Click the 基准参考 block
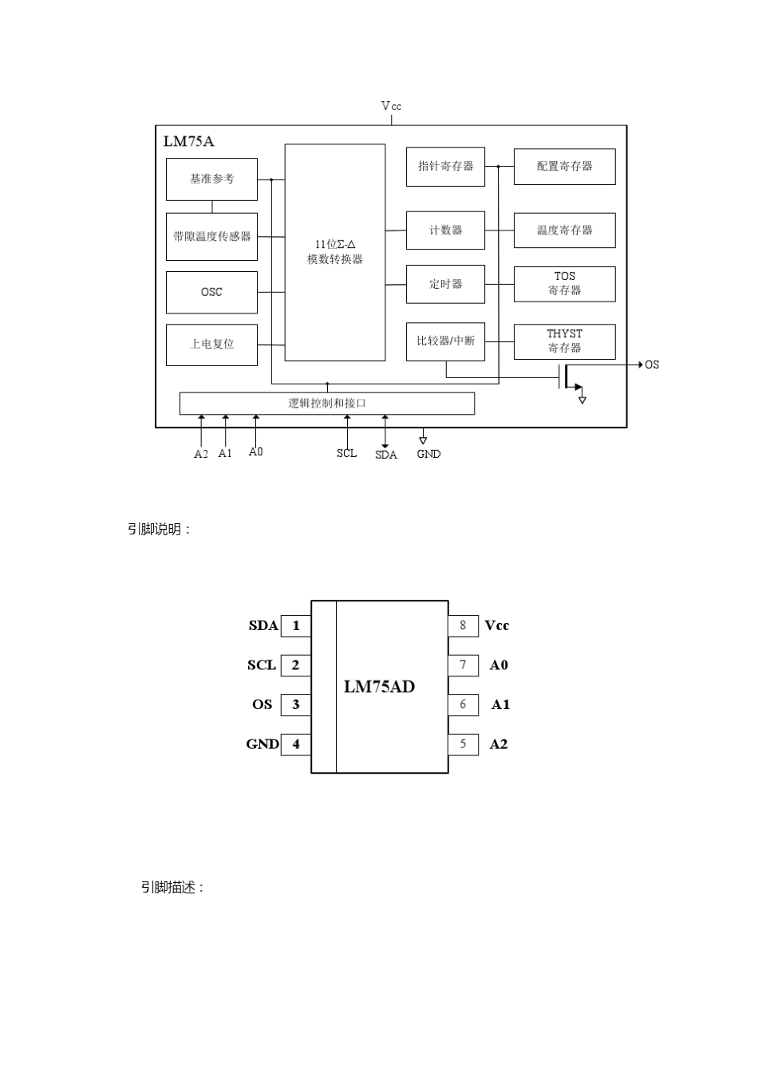pyautogui.click(x=211, y=179)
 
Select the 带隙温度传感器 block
pyautogui.click(x=211, y=237)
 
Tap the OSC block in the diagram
pyautogui.click(x=211, y=292)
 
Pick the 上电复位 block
pyautogui.click(x=211, y=345)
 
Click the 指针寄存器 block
pyautogui.click(x=445, y=167)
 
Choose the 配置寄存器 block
pyautogui.click(x=564, y=167)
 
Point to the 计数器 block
pyautogui.click(x=445, y=231)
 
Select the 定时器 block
pyautogui.click(x=445, y=284)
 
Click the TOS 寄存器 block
pyautogui.click(x=564, y=284)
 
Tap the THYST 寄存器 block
pyautogui.click(x=564, y=341)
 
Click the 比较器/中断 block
pyautogui.click(x=445, y=341)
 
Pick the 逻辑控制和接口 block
pyautogui.click(x=327, y=404)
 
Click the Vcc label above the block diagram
pyautogui.click(x=391, y=106)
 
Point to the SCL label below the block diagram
pyautogui.click(x=346, y=453)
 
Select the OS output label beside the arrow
pyautogui.click(x=652, y=365)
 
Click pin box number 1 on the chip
pyautogui.click(x=296, y=625)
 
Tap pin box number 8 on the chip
pyautogui.click(x=463, y=625)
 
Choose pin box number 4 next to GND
pyautogui.click(x=296, y=744)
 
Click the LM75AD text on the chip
pyautogui.click(x=379, y=687)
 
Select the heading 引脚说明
pyautogui.click(x=160, y=530)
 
